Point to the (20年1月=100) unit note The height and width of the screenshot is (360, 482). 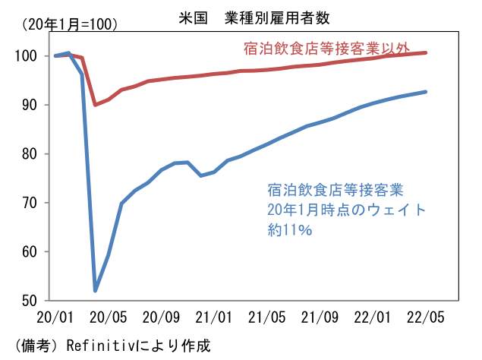[x=70, y=24]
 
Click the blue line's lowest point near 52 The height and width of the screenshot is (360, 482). [x=96, y=290]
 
